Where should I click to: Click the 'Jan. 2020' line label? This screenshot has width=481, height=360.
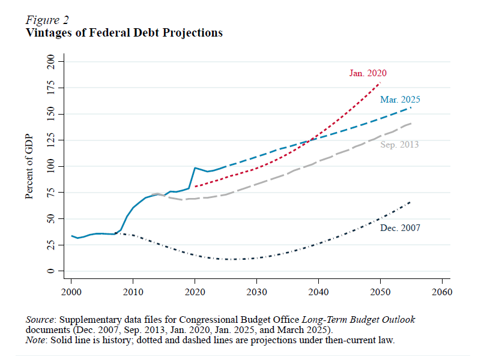368,73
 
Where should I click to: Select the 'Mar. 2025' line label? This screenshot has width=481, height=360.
400,100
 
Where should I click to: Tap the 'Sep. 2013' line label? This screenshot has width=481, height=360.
399,145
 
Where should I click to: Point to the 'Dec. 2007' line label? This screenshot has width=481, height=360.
400,228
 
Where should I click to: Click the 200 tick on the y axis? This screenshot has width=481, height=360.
51,61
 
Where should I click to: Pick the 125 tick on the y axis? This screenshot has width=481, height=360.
51,140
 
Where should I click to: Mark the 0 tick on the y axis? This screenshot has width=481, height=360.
51,271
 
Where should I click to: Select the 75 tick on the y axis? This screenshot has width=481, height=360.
51,193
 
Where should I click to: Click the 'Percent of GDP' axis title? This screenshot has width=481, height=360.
29,166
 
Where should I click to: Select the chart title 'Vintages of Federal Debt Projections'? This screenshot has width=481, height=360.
124,32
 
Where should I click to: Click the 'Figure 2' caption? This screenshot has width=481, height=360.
47,20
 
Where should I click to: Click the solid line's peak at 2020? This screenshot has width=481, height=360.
195,168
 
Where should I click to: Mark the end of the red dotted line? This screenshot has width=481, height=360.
380,82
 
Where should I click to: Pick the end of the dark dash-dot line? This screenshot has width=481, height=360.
411,202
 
